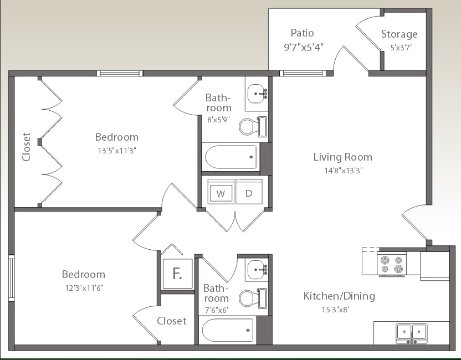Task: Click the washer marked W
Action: (221, 193)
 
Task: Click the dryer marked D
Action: (249, 193)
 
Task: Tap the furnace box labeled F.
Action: (177, 274)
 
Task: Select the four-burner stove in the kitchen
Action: (391, 263)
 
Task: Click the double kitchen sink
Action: (411, 332)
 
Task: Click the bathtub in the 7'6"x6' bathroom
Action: (228, 331)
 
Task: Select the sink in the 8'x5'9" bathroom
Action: (257, 94)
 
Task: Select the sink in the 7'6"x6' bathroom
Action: (257, 269)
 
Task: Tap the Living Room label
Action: (342, 157)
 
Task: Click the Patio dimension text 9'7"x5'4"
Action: (304, 47)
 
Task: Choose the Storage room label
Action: (399, 34)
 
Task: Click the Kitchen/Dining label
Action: (339, 296)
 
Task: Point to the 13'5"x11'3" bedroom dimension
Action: (116, 150)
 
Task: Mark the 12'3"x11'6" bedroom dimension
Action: (83, 287)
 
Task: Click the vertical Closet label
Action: (26, 147)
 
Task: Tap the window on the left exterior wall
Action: (11, 278)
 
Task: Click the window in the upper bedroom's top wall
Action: (120, 73)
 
